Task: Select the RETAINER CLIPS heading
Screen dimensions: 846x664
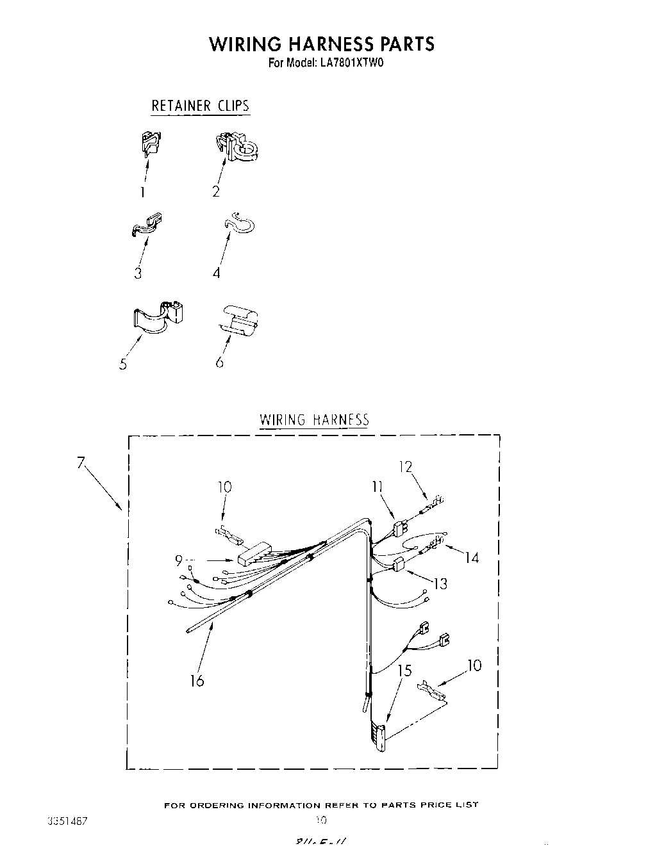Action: [200, 106]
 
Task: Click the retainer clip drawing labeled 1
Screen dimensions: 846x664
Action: [150, 143]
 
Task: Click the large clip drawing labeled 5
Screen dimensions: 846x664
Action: [159, 316]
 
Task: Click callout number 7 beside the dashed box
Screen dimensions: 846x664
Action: [81, 462]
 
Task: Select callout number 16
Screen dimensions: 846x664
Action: [197, 680]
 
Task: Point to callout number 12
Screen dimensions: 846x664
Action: [405, 466]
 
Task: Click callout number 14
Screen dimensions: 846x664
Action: [472, 558]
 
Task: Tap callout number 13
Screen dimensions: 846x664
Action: [440, 583]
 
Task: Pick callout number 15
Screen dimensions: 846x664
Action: [404, 671]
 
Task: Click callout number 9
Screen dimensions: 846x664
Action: [179, 561]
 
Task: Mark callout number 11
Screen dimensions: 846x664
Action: [377, 487]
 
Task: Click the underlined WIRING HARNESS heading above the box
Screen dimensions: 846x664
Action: [314, 420]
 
